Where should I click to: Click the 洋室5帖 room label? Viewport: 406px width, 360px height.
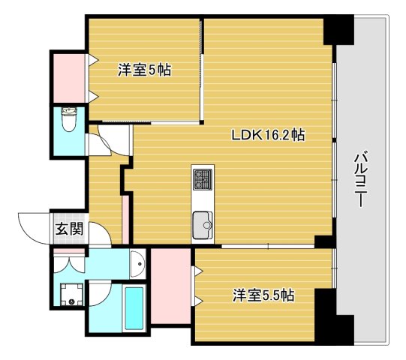point(144,70)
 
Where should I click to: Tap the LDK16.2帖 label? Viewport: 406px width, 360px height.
point(267,136)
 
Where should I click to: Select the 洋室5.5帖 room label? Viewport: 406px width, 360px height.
point(262,295)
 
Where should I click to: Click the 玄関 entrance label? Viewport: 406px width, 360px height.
point(68,230)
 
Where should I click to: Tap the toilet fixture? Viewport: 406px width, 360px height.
point(69,119)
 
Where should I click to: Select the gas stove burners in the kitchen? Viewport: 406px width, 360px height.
point(203,178)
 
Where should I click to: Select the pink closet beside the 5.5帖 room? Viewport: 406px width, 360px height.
point(170,287)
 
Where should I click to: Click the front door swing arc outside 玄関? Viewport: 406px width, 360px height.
point(35,227)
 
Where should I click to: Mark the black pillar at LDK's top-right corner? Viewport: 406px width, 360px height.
point(337,30)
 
